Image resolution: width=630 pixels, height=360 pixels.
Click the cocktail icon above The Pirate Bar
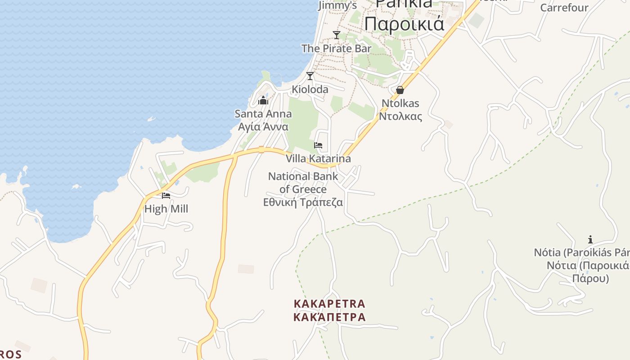336,35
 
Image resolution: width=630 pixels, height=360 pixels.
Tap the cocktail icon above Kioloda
310,76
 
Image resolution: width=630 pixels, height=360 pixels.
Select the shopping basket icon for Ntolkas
400,90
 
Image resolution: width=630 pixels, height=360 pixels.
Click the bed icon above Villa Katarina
318,145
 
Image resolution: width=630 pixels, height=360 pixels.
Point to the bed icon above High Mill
166,195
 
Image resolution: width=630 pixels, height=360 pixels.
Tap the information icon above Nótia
590,239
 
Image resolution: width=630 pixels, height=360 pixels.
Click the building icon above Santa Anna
263,100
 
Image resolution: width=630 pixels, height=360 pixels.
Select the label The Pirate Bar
336,48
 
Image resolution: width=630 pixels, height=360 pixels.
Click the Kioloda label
310,89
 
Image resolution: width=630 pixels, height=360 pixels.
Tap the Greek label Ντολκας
400,117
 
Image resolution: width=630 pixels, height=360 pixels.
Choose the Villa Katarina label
318,159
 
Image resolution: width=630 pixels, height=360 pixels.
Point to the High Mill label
166,209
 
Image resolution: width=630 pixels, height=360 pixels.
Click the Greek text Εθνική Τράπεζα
303,202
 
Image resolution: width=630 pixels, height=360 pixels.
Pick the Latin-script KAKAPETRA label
329,304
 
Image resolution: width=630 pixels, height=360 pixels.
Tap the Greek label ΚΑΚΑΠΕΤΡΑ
329,317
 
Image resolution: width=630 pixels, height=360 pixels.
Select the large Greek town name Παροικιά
404,23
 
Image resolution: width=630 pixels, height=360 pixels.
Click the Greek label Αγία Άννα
263,127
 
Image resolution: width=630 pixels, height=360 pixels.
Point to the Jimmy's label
337,5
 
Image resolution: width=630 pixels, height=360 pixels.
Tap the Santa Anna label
263,114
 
